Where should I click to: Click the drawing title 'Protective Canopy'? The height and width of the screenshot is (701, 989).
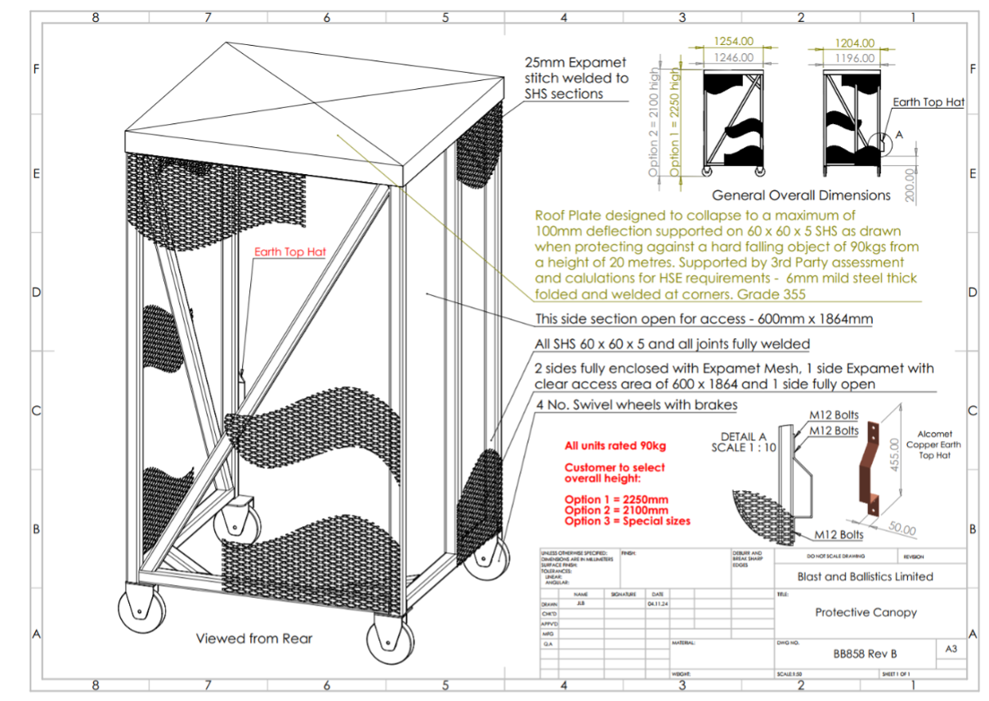pyautogui.click(x=866, y=612)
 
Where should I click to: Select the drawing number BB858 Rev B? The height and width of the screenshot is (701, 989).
pyautogui.click(x=865, y=654)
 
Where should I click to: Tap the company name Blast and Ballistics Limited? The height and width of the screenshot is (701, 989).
pyautogui.click(x=865, y=576)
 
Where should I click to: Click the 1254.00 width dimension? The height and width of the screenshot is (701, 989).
pyautogui.click(x=733, y=42)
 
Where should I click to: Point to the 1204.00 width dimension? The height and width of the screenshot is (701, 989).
pyautogui.click(x=855, y=43)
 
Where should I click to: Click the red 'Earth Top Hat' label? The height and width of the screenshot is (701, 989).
pyautogui.click(x=290, y=252)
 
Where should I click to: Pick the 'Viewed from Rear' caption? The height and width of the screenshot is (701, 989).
pyautogui.click(x=254, y=638)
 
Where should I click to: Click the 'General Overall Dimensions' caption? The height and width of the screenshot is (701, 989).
pyautogui.click(x=801, y=195)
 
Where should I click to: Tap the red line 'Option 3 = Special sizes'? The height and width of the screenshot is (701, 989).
pyautogui.click(x=627, y=520)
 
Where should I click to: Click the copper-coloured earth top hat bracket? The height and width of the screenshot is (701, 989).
pyautogui.click(x=869, y=462)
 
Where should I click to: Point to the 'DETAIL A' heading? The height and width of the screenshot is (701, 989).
pyautogui.click(x=744, y=436)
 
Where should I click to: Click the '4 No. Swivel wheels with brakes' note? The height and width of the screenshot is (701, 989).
pyautogui.click(x=636, y=405)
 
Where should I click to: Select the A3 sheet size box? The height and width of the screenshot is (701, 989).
pyautogui.click(x=951, y=649)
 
